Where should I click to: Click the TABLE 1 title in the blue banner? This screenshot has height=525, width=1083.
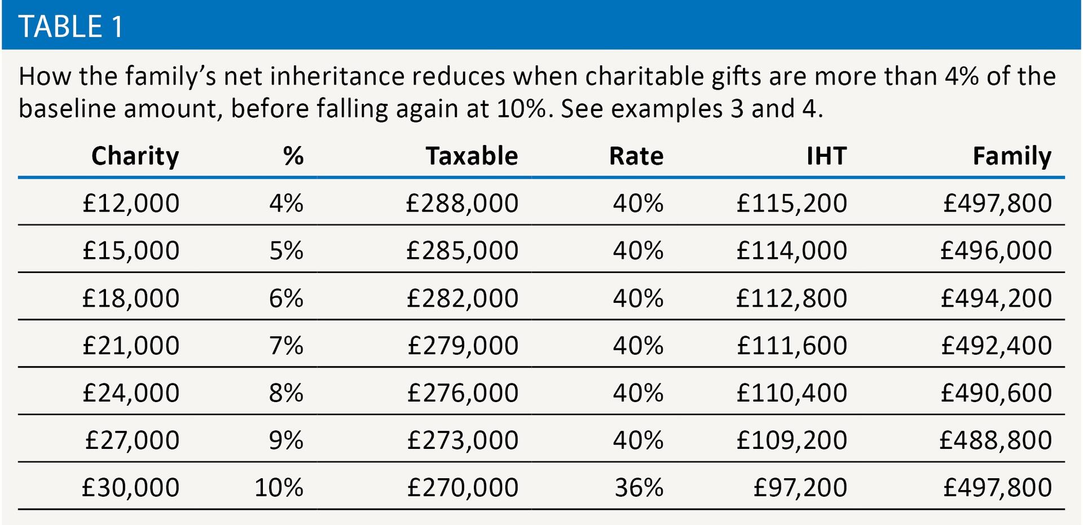(71, 27)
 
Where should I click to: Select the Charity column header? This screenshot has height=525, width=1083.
(135, 156)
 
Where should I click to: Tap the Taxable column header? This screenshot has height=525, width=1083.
(472, 156)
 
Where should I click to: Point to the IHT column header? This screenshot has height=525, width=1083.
(826, 156)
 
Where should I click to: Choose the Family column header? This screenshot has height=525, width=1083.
(1012, 156)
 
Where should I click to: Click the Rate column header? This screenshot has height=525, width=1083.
(636, 156)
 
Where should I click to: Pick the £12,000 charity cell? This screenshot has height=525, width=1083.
(131, 203)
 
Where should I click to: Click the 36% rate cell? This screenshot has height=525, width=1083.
(639, 487)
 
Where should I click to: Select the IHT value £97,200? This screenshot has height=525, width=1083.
(800, 487)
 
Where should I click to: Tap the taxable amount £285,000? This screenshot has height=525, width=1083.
(462, 250)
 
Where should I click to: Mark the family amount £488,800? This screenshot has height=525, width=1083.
(996, 440)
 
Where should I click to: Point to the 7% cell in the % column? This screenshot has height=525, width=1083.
(286, 345)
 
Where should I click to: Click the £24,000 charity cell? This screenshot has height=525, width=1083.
(131, 392)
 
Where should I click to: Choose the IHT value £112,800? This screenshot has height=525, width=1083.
(791, 298)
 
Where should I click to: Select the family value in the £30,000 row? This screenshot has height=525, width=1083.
(997, 487)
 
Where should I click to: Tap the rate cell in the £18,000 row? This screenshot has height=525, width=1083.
(639, 298)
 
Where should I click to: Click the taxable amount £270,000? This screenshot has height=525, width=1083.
(463, 487)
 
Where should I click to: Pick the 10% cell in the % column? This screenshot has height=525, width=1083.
(279, 487)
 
